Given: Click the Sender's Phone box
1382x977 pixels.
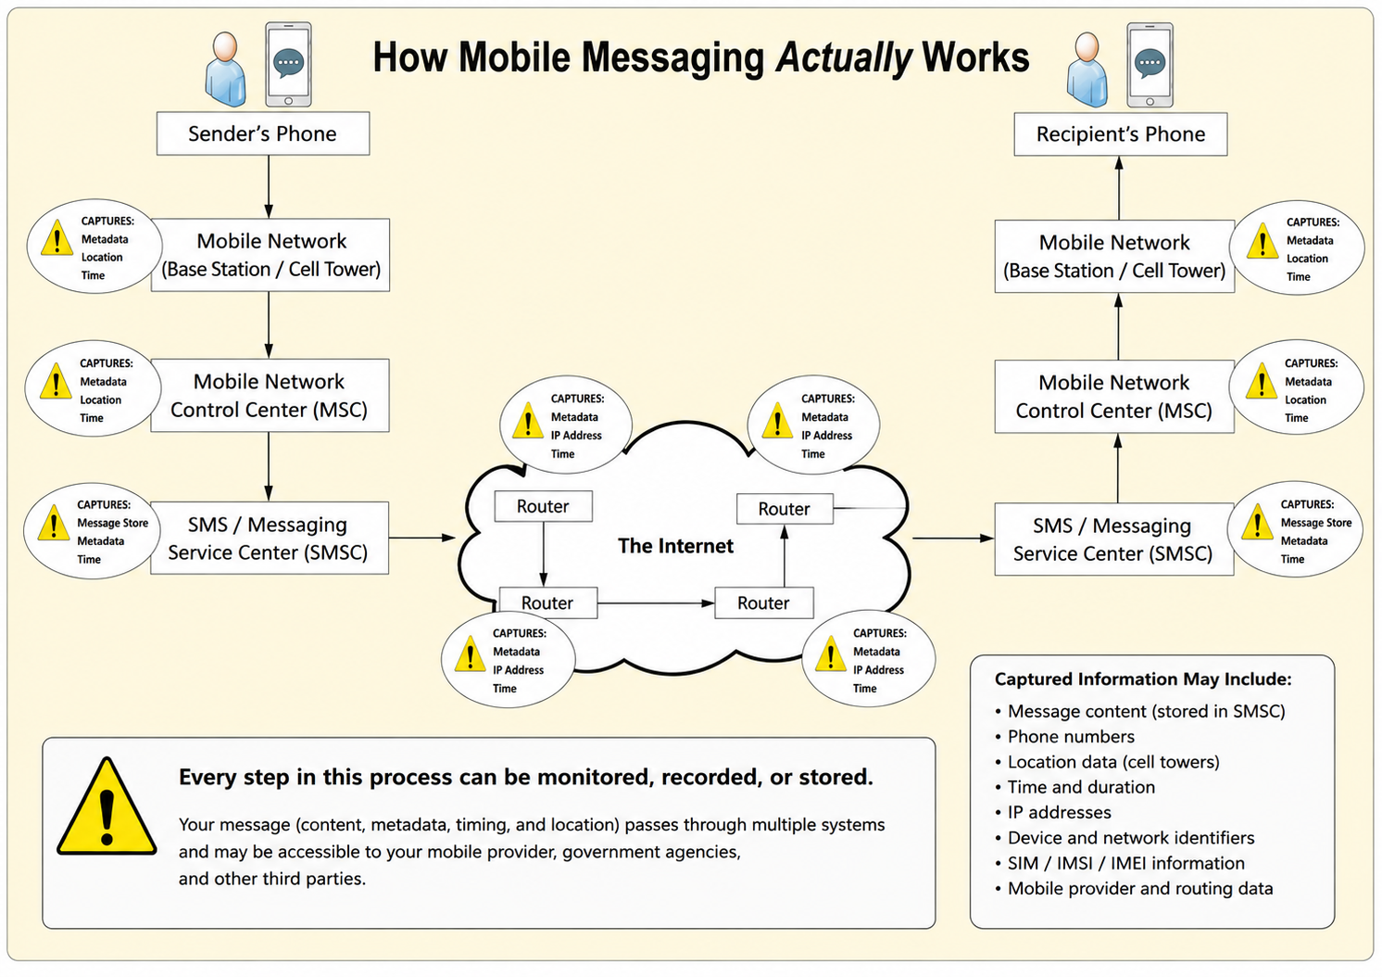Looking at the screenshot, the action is point(263,133).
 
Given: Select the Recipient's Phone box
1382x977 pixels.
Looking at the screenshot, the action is point(1121,134).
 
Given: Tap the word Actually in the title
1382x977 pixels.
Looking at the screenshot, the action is point(843,57).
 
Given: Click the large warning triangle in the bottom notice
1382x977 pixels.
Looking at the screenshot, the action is point(107,806).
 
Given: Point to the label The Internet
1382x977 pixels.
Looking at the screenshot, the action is point(675,546).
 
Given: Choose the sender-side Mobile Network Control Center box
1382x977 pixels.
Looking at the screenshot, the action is point(270,395).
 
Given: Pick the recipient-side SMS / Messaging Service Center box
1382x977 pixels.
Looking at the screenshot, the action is point(1113,539).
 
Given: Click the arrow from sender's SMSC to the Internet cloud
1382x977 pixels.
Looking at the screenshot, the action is point(422,538).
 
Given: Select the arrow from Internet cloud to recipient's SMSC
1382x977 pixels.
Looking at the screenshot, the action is point(953,539).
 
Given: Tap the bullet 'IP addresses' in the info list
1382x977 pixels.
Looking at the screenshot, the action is point(1053,812).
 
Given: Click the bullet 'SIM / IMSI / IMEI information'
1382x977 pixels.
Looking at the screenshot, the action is point(1120,863).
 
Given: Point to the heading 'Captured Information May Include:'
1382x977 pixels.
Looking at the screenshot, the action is point(1143,679).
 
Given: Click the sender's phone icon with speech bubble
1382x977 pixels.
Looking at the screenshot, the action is point(288,64).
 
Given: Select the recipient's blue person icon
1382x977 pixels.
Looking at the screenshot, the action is point(1087,70).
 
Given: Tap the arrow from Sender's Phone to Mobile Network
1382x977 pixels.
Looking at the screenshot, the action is point(269,186).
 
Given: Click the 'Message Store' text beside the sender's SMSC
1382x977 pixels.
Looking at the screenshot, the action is point(112,523).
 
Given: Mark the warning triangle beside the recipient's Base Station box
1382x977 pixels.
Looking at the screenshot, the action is point(1263,240).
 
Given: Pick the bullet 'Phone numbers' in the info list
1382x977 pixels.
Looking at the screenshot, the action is point(1064,736).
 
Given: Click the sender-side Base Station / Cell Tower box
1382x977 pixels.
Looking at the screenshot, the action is point(270,254).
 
